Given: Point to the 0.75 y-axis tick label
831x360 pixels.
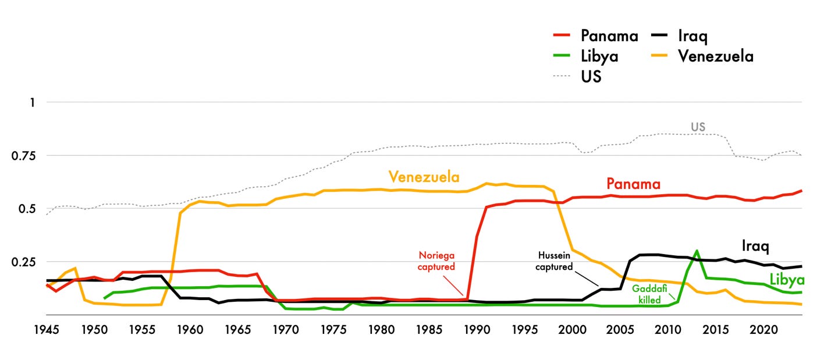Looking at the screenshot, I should pos(24,155).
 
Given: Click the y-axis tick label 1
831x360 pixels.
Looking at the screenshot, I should pos(33,102).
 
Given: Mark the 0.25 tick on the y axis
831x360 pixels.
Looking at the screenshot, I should pos(24,262).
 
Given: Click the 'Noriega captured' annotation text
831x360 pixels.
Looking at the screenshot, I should pos(436,261).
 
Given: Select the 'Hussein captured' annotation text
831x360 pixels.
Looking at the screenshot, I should pos(554,262).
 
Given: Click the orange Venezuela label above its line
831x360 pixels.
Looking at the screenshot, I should pos(424,176).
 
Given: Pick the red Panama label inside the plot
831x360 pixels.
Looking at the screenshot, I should pos(633,184).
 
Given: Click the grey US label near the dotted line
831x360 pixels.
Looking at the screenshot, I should pos(698,127).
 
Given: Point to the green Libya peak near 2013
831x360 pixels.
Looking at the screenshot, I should pos(697,251).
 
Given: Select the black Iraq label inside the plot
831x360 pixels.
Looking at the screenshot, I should pos(755,246).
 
